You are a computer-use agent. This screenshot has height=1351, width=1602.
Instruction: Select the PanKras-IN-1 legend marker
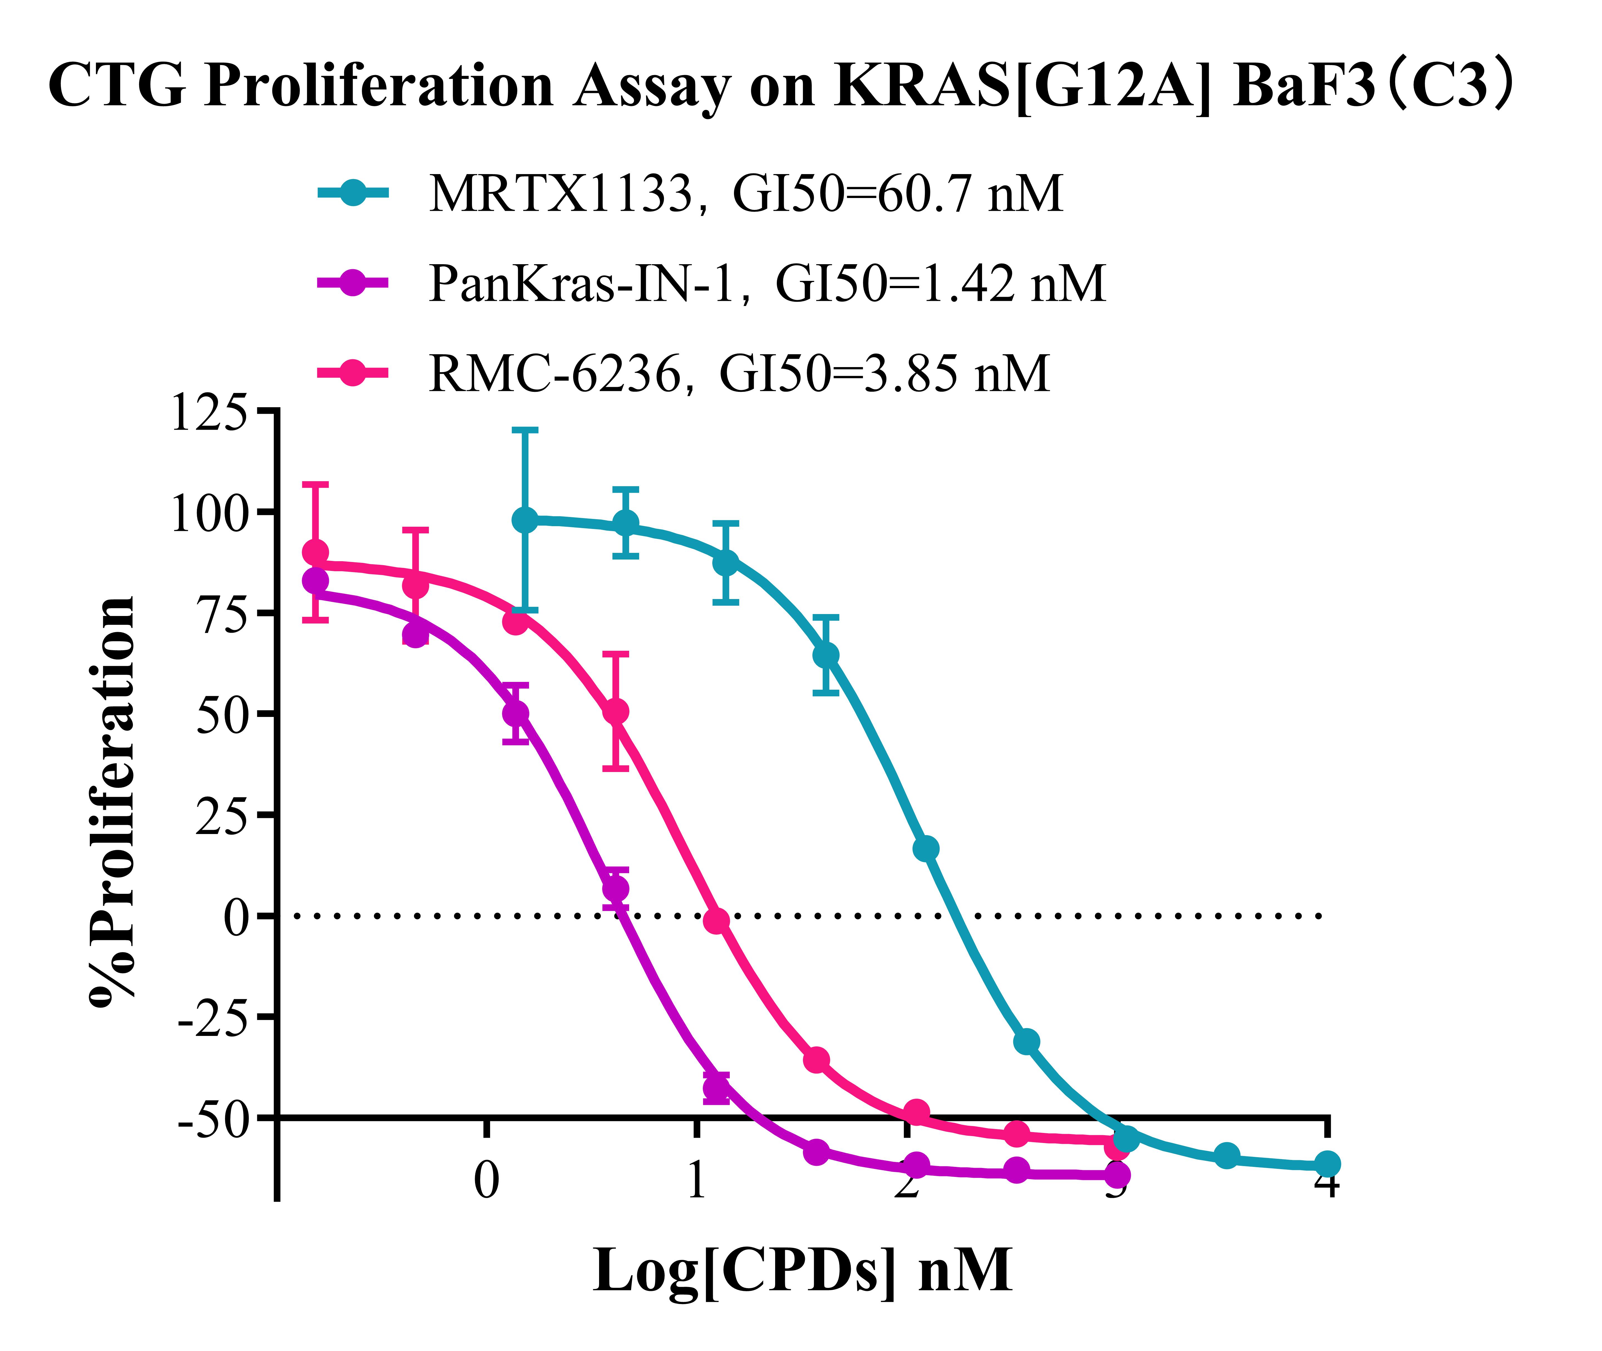352,283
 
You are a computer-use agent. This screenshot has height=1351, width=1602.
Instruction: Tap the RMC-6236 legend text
739,374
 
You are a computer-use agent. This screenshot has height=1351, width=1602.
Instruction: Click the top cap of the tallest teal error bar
525,430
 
